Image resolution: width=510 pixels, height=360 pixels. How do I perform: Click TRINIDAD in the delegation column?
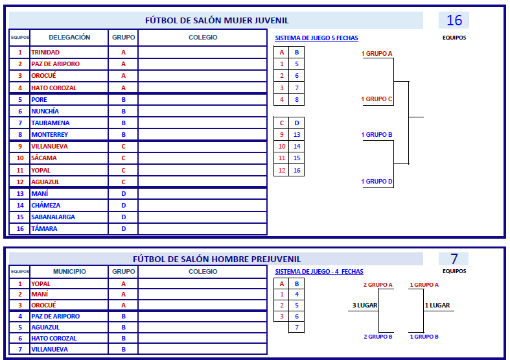coord(45,52)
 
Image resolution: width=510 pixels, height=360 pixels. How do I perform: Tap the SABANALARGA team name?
coord(53,217)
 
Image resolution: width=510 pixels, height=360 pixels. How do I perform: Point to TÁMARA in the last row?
coord(44,229)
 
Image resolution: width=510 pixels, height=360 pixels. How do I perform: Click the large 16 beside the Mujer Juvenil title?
coord(454,20)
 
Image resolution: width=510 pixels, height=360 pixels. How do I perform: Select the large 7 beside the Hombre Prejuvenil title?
coord(454,259)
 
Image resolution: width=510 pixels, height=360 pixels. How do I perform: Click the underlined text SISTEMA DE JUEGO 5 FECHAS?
coord(316,38)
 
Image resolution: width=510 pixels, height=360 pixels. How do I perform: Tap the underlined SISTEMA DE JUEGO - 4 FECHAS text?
coord(319,272)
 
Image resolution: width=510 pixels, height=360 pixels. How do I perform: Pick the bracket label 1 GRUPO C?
coord(377,99)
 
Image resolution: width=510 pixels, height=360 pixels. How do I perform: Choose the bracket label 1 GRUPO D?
coord(377,182)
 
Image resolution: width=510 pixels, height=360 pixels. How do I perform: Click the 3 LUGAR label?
coord(365,306)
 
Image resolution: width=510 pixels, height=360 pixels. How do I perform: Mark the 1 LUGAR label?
coord(437,306)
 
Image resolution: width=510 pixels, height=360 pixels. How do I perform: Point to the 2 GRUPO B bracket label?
coord(378,337)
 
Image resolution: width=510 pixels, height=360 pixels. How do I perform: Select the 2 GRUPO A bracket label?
coord(378,285)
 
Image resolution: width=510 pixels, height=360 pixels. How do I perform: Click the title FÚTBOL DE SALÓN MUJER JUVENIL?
coord(216,21)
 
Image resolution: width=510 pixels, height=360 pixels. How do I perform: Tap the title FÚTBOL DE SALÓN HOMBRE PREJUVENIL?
coord(216,259)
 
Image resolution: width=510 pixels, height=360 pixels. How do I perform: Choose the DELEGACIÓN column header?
coord(69,38)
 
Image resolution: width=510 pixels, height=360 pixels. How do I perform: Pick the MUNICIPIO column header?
coord(69,272)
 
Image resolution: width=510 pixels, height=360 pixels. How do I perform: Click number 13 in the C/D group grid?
coord(297,135)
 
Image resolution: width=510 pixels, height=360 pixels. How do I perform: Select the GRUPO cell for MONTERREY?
coord(124,135)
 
